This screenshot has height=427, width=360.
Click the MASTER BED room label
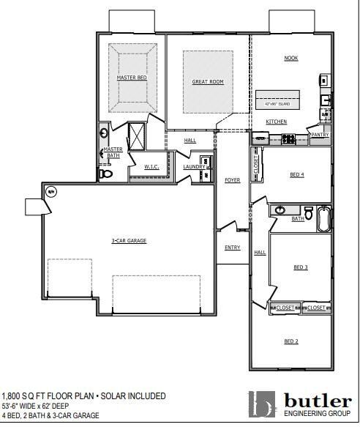pos(132,77)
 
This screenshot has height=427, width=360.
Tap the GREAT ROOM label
pos(207,82)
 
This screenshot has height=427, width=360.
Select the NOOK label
pos(290,58)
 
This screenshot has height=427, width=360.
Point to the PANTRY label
pos(320,135)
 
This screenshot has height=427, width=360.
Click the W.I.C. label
pos(151,167)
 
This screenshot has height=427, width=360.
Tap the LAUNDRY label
pos(194,167)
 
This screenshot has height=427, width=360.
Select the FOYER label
pos(233,179)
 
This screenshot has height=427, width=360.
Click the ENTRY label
pos(233,248)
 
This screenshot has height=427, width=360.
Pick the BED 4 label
pos(296,174)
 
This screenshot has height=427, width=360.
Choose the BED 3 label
pos(301,267)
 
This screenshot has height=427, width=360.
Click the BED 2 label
pos(290,341)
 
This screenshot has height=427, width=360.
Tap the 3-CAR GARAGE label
pos(129,240)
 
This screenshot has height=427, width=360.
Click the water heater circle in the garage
pos(51,192)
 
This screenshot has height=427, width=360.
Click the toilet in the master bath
pos(105,174)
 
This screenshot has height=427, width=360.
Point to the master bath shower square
pos(137,135)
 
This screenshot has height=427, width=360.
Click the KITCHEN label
pos(276,122)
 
